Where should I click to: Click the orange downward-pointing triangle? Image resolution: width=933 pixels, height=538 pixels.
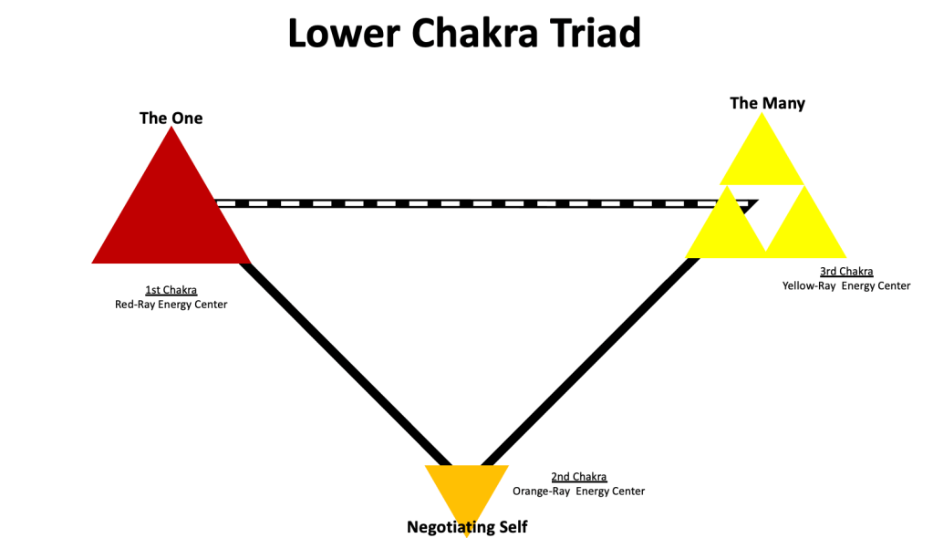coord(466,488)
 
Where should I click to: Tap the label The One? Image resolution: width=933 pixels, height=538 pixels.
coord(171,118)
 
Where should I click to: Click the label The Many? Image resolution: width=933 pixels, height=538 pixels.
coord(767,103)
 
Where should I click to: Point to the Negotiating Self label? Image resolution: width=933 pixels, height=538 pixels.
coord(467,527)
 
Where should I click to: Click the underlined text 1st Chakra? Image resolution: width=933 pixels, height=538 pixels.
coord(171,290)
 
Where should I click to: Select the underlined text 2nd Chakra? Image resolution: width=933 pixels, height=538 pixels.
coord(579,477)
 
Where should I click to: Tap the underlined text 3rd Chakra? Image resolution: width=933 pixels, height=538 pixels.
coord(845,271)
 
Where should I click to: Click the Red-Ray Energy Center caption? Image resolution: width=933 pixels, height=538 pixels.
coord(171,305)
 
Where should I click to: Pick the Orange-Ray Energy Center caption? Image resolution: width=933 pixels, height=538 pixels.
coord(578,491)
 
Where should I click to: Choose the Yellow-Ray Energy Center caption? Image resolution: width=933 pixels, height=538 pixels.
coord(845,285)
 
